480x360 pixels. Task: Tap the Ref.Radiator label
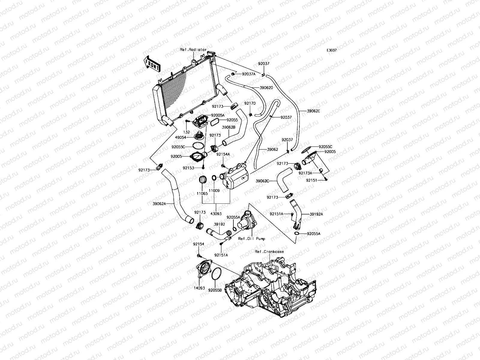coord(193,49)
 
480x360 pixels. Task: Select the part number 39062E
coord(313,111)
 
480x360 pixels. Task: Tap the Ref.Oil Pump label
coord(252,239)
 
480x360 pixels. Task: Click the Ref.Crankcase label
coord(269,252)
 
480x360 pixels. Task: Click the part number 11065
coord(202,194)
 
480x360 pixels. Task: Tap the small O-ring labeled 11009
coord(214,178)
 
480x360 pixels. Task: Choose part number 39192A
coord(309,214)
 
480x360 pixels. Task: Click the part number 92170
coord(250,103)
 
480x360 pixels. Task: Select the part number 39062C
coord(262,181)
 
